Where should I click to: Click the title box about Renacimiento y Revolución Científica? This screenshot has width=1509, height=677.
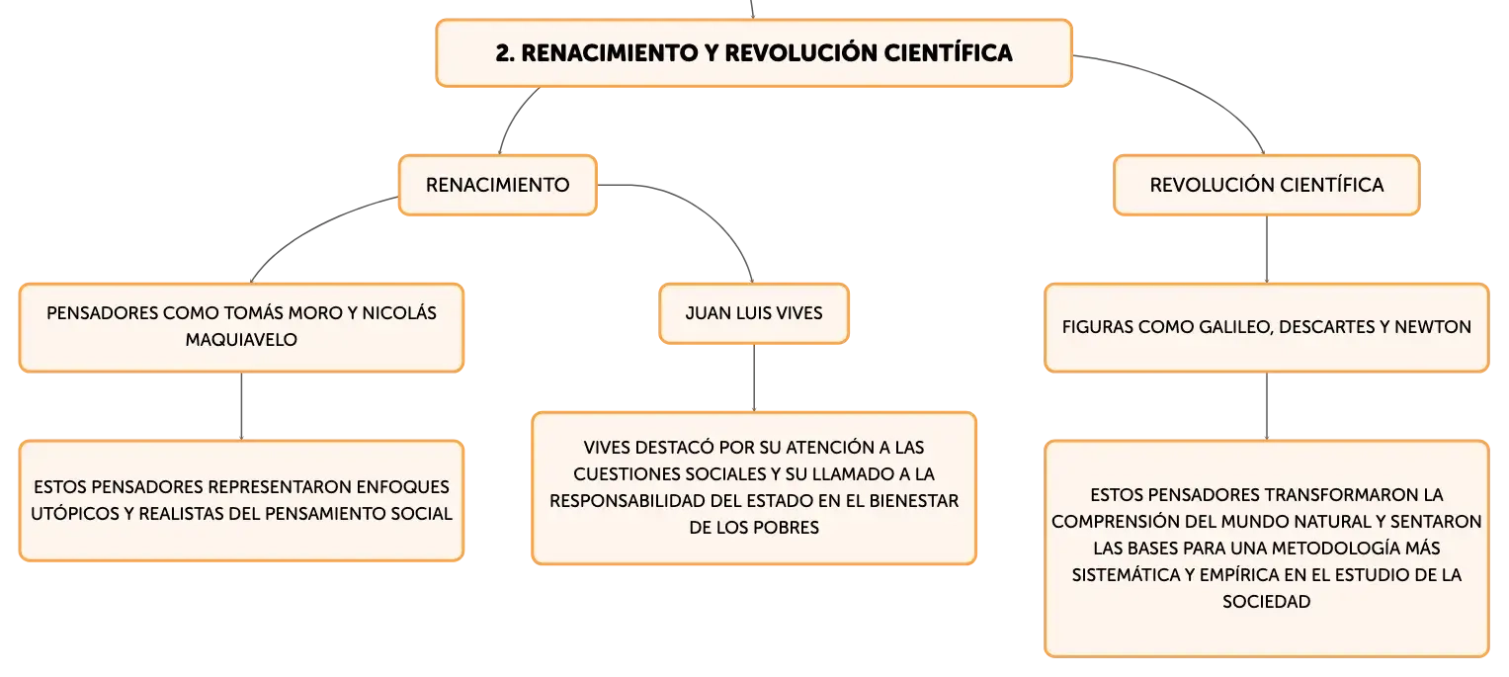[754, 52]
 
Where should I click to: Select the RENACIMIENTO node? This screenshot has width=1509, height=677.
[498, 185]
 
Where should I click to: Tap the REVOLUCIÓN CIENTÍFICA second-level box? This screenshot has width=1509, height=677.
[1267, 185]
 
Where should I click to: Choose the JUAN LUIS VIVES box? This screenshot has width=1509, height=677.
[754, 313]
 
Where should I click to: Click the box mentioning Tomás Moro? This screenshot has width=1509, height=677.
[241, 327]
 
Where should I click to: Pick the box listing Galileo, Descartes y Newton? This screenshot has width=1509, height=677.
[1267, 327]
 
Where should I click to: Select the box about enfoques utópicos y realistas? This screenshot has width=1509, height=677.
[241, 500]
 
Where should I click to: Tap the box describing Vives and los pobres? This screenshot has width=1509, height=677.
[754, 487]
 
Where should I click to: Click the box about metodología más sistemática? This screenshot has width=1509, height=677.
[1267, 549]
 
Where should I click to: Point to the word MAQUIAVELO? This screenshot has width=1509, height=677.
[241, 340]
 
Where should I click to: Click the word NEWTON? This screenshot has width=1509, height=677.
[1432, 327]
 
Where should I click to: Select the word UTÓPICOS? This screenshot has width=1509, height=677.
[75, 513]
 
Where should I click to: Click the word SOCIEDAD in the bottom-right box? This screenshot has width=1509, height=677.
[1267, 602]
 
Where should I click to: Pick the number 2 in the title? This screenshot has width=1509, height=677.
[503, 53]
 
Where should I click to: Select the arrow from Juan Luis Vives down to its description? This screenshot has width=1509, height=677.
[754, 378]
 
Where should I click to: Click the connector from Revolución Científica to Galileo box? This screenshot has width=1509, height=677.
[1267, 249]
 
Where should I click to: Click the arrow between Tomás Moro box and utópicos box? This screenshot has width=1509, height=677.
[241, 406]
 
